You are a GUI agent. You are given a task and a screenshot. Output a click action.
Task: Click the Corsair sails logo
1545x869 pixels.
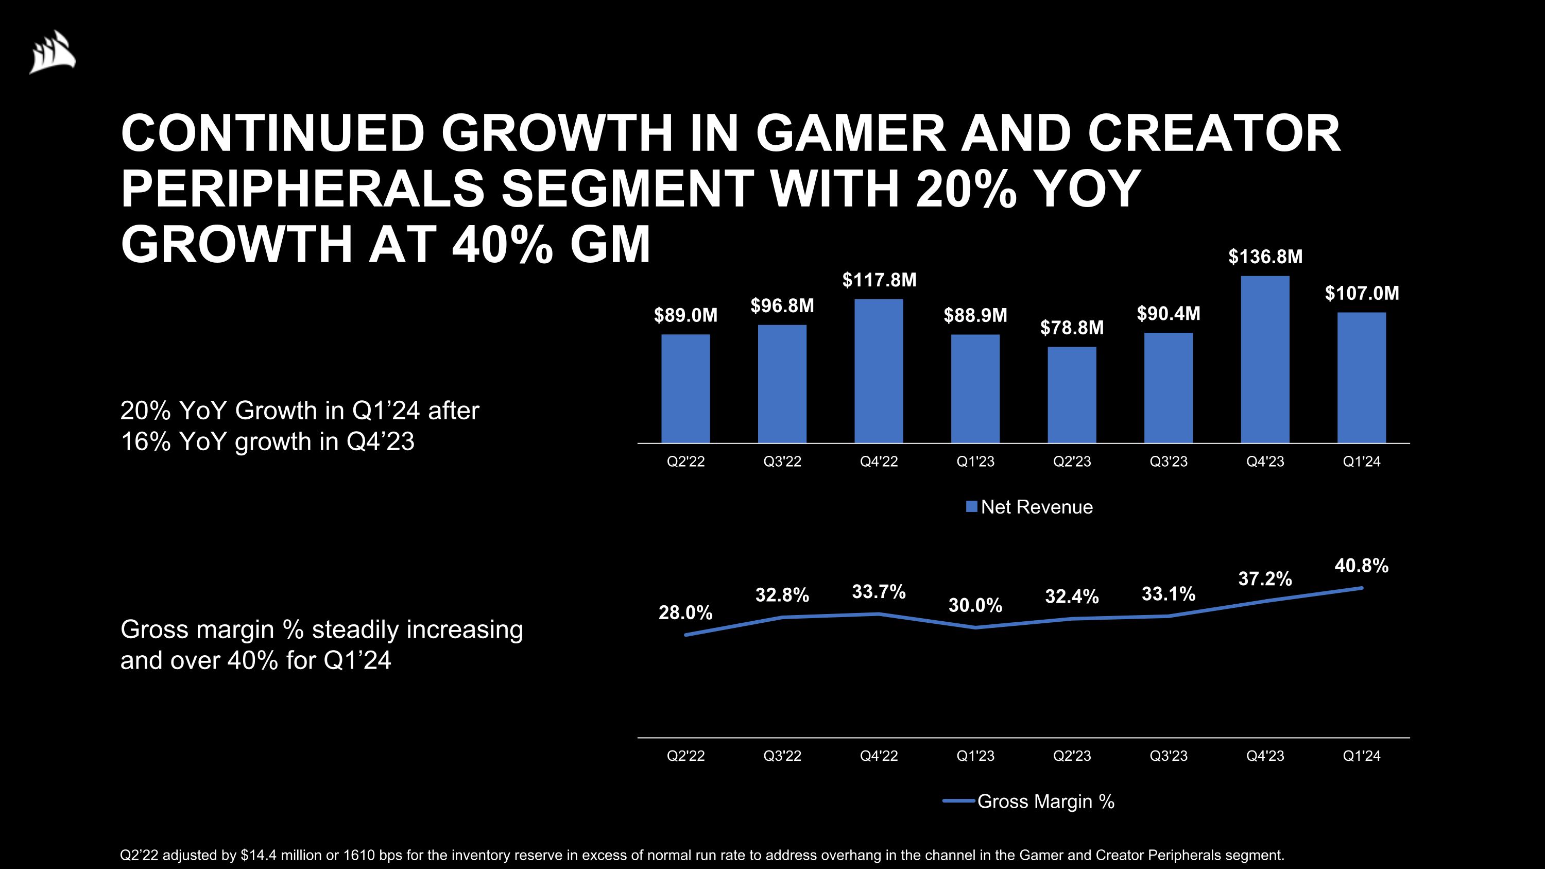pos(53,52)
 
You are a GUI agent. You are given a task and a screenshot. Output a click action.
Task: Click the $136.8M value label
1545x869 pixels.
pos(1265,257)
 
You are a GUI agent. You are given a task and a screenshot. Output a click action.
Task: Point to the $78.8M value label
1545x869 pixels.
pos(1072,328)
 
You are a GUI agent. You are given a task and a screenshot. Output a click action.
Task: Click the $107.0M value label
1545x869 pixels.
pos(1362,293)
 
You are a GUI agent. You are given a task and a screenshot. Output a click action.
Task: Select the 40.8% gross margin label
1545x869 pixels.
pos(1362,566)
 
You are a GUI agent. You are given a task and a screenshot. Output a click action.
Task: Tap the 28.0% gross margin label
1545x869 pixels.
pos(685,612)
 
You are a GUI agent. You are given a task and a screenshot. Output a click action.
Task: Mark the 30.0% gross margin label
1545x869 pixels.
pos(975,606)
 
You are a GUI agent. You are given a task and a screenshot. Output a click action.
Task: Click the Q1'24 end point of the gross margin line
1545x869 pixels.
pos(1362,588)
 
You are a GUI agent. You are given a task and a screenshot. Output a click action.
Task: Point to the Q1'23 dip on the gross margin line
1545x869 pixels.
pos(975,627)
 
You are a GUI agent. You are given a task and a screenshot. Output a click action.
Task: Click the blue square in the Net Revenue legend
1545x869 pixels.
pos(972,507)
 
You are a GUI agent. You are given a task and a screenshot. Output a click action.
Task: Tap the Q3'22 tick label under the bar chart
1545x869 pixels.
pos(782,462)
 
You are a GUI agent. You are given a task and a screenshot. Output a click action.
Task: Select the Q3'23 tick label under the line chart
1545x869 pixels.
pos(1169,756)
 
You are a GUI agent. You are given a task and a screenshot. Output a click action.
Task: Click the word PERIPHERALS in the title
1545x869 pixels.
pos(302,189)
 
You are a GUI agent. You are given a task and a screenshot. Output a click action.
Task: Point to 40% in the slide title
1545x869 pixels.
pos(502,244)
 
